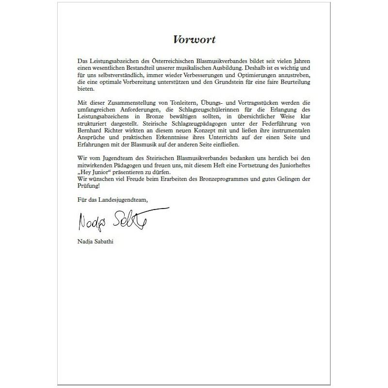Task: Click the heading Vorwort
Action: [194, 40]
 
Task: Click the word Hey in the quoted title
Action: [85, 172]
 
